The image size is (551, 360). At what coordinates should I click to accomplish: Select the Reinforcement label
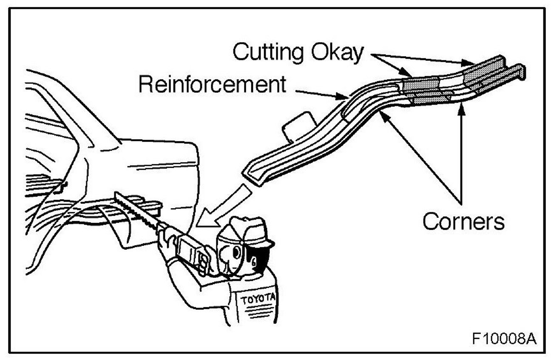click(x=211, y=84)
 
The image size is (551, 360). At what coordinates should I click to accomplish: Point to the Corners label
click(x=463, y=221)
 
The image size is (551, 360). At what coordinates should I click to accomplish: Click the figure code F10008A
click(x=503, y=339)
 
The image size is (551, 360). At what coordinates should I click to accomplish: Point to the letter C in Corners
click(x=430, y=222)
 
